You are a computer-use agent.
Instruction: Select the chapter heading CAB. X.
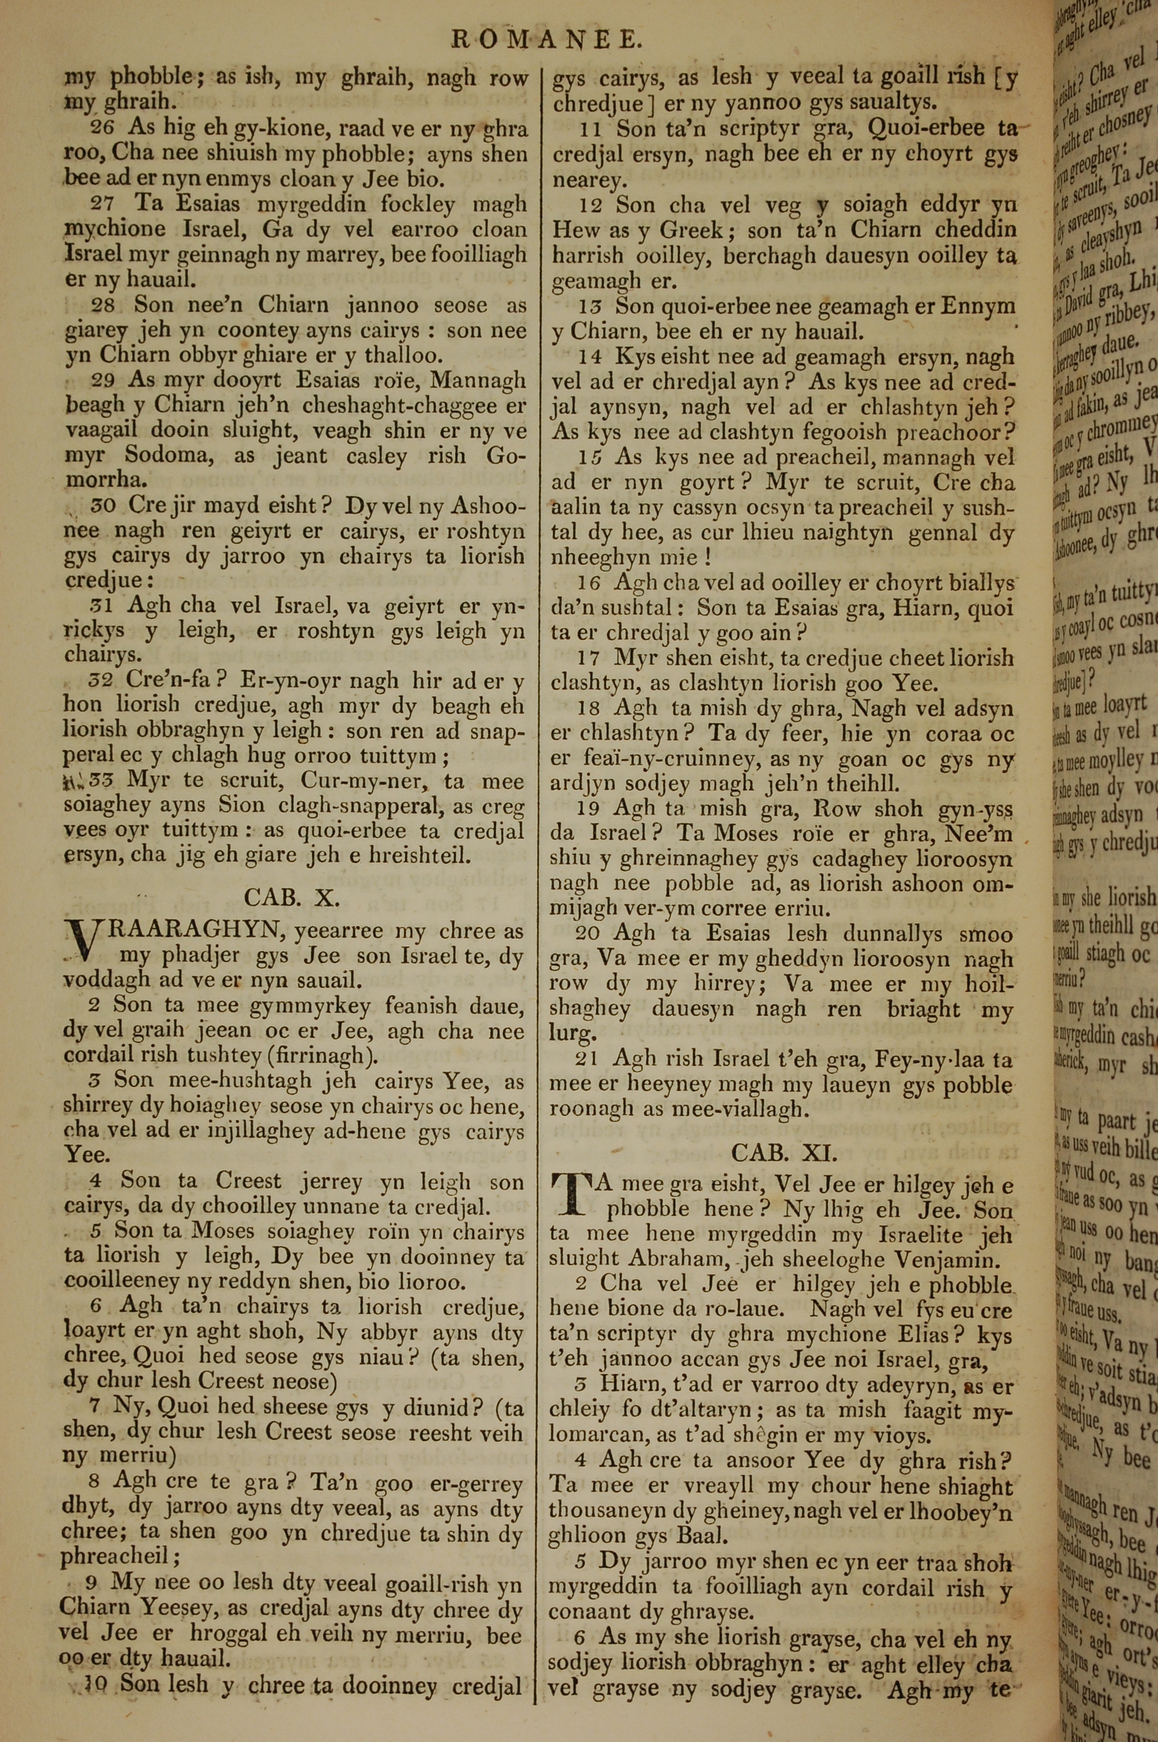(292, 897)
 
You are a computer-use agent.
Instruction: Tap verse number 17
(590, 658)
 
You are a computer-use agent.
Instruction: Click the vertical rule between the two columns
(536, 886)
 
